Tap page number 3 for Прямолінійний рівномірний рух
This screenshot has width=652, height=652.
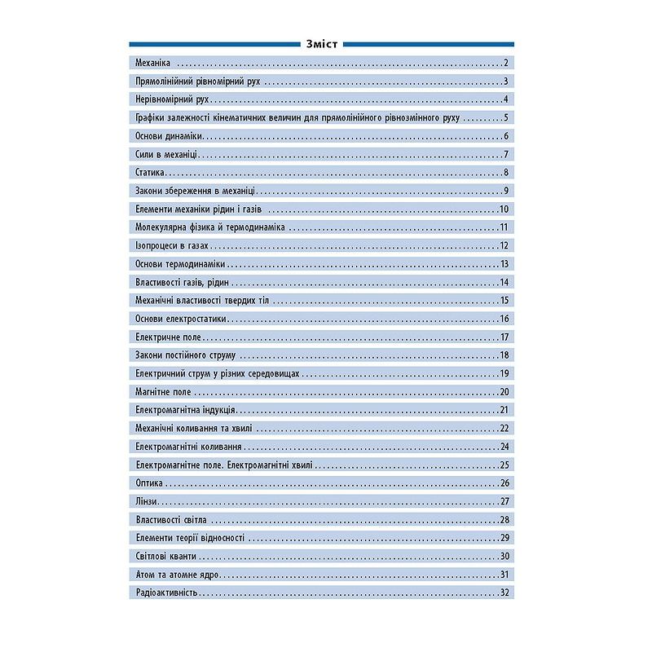point(506,81)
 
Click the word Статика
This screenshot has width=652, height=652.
point(150,173)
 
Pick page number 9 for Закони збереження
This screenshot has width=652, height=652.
point(506,191)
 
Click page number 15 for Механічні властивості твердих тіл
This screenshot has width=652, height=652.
point(504,301)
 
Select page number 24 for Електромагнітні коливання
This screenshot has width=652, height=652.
point(504,447)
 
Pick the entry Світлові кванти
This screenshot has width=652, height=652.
point(165,556)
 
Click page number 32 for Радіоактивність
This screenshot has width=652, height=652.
point(504,593)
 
